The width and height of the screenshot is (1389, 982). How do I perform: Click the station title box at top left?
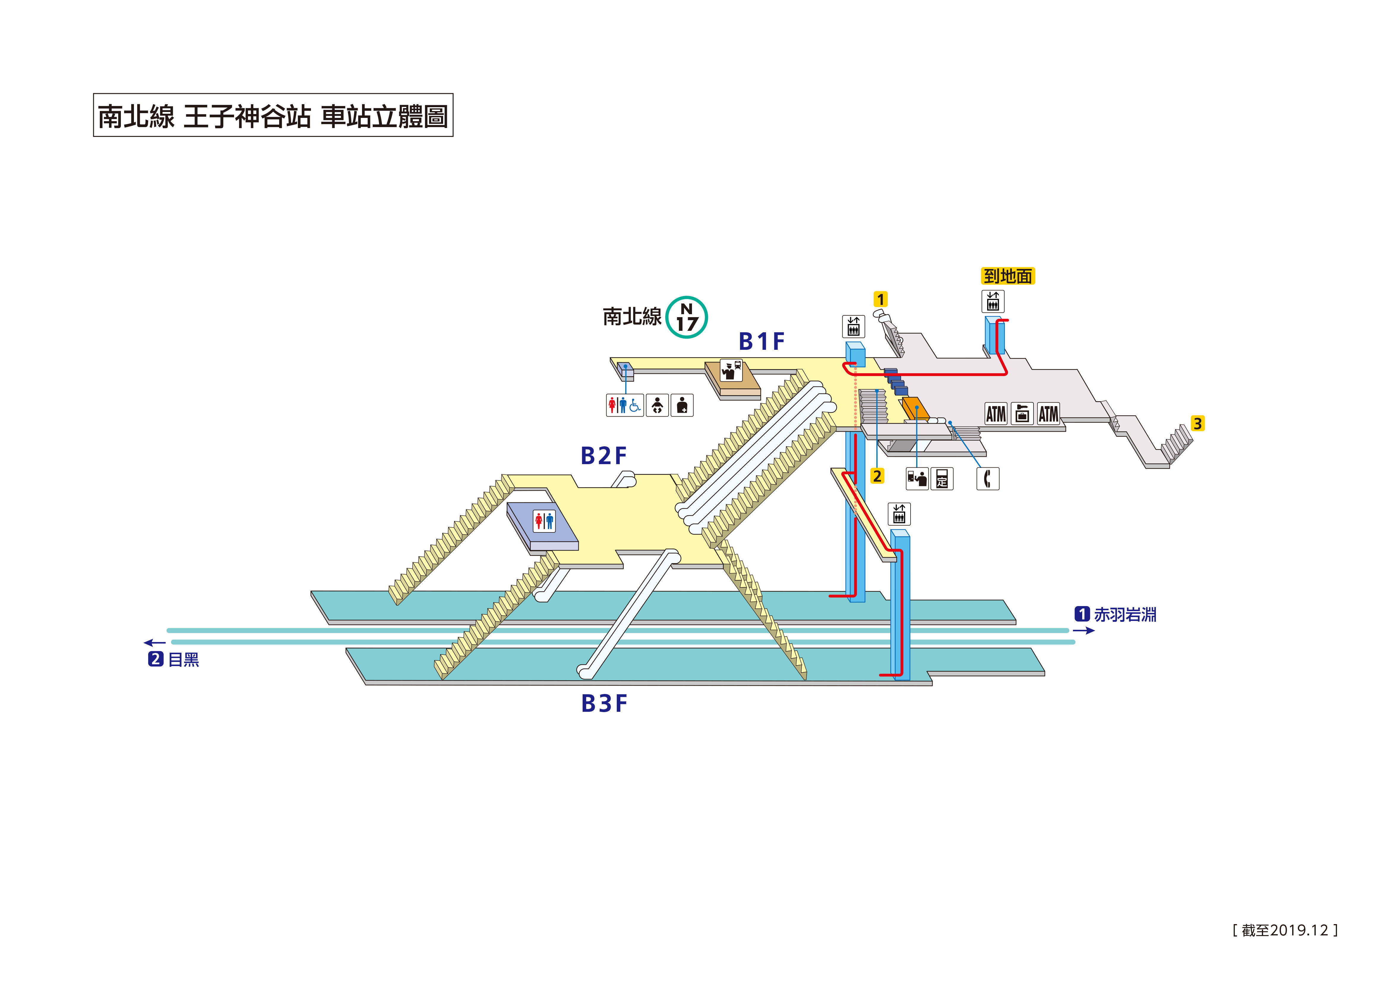(x=273, y=115)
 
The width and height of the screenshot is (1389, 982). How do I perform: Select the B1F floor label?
(x=761, y=342)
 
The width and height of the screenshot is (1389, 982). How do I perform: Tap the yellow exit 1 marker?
(x=880, y=300)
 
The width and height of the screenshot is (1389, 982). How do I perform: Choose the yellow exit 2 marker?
(x=877, y=476)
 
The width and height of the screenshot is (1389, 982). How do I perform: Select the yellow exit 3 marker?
(x=1197, y=423)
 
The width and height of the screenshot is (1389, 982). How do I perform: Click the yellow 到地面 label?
(x=1007, y=276)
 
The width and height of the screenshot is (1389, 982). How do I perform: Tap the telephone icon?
(x=987, y=479)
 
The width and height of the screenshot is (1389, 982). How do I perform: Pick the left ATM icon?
(x=996, y=414)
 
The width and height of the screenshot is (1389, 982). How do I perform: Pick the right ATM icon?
(x=1048, y=414)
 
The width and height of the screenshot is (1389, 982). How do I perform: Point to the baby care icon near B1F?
(x=657, y=405)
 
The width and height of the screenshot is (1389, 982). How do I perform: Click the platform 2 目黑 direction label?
(x=174, y=660)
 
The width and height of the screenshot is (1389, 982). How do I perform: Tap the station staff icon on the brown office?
(x=731, y=370)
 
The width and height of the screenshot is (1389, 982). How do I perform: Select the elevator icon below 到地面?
(x=992, y=301)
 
